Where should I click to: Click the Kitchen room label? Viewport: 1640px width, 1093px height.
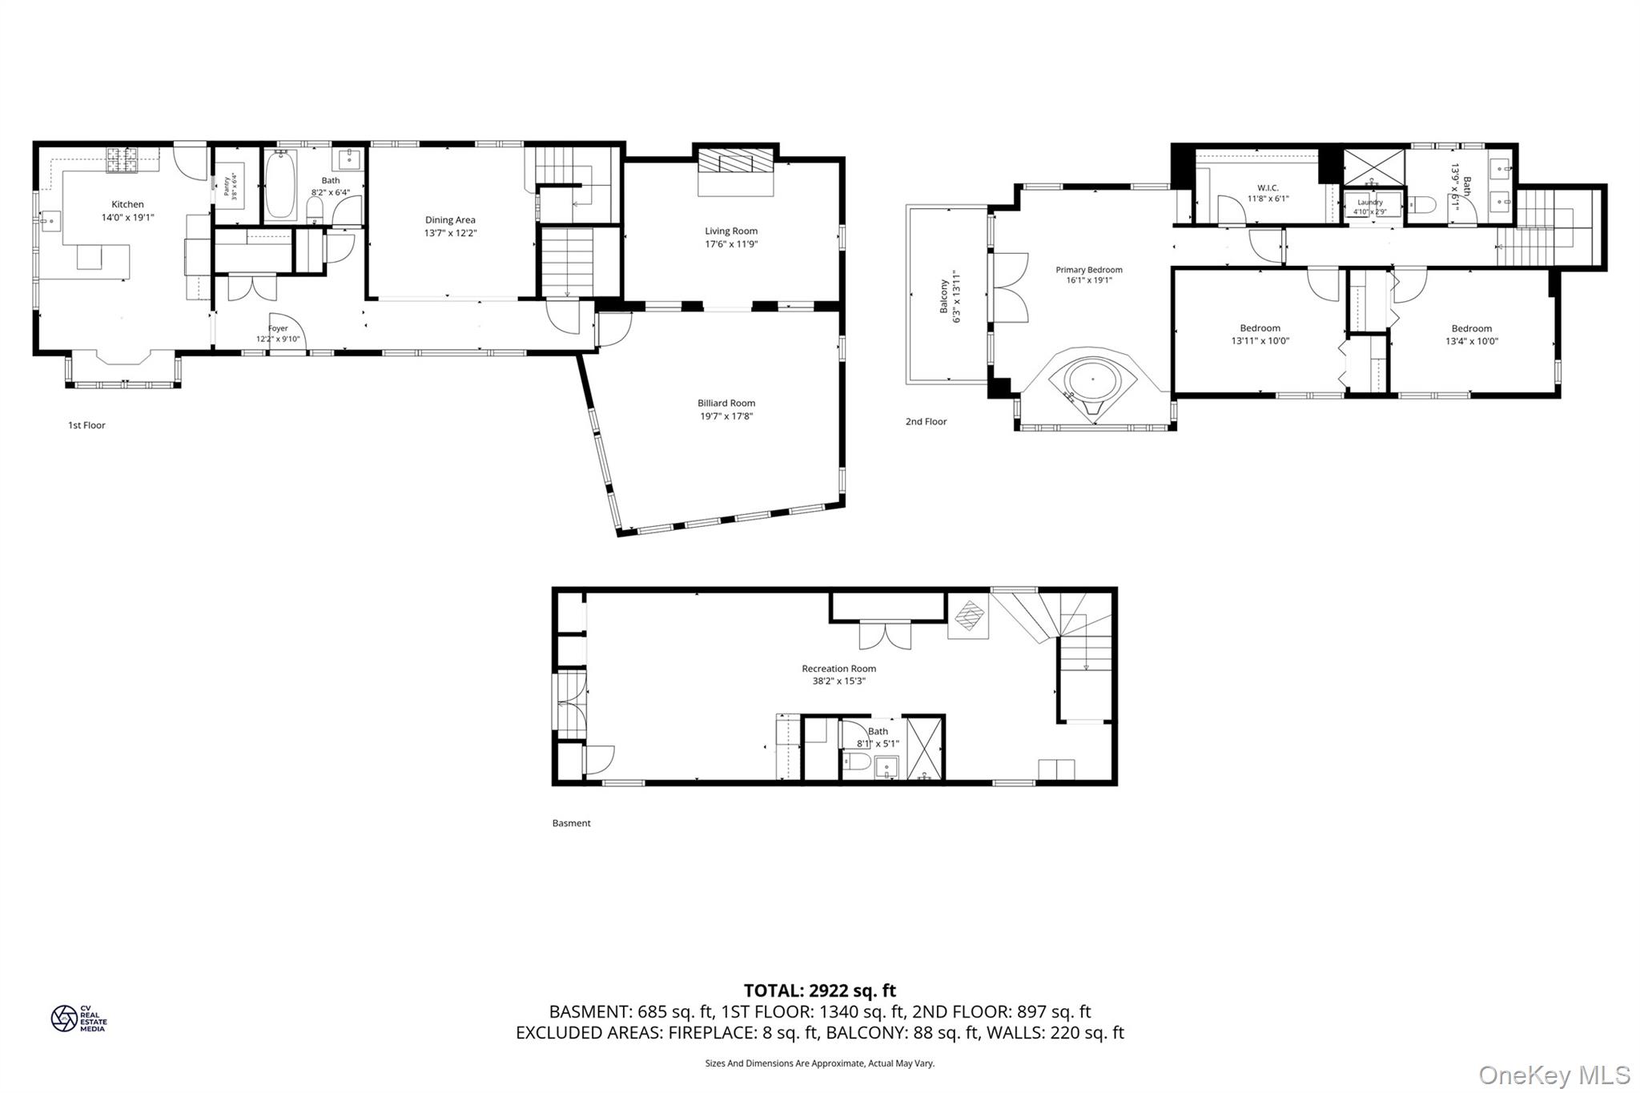pos(127,204)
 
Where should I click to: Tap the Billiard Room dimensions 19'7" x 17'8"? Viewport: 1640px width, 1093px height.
pos(726,416)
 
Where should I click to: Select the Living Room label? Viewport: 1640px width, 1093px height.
pos(731,231)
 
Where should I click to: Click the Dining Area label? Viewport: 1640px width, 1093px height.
pos(450,220)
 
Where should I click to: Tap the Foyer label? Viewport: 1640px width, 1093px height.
pos(278,328)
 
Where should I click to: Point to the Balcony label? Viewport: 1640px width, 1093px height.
pos(944,296)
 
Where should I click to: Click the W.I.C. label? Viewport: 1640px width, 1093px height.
pos(1268,188)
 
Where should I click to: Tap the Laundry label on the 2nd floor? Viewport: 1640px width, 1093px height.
pos(1370,203)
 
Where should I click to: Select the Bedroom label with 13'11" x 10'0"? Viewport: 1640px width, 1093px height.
pos(1260,328)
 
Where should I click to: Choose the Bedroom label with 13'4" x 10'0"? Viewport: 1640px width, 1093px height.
pos(1471,328)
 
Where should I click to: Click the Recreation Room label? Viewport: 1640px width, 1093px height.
pos(838,669)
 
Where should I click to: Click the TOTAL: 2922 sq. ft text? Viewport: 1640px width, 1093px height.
pos(819,991)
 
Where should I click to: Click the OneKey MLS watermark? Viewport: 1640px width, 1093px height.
pos(1554,1075)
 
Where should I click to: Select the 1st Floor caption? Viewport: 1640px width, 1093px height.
pos(86,425)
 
